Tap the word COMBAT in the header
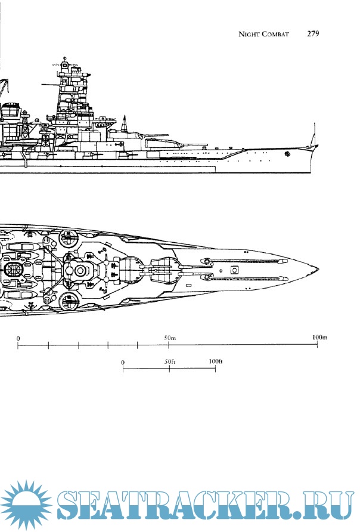tap(275, 35)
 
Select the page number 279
tap(314, 34)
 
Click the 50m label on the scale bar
tap(169, 338)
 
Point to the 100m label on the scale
tap(320, 338)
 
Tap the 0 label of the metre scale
tap(18, 339)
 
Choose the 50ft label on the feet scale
tap(170, 361)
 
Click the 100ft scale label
tap(215, 361)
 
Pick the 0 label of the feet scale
tap(123, 362)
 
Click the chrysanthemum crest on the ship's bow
tap(287, 154)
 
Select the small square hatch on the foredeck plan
tap(235, 270)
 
